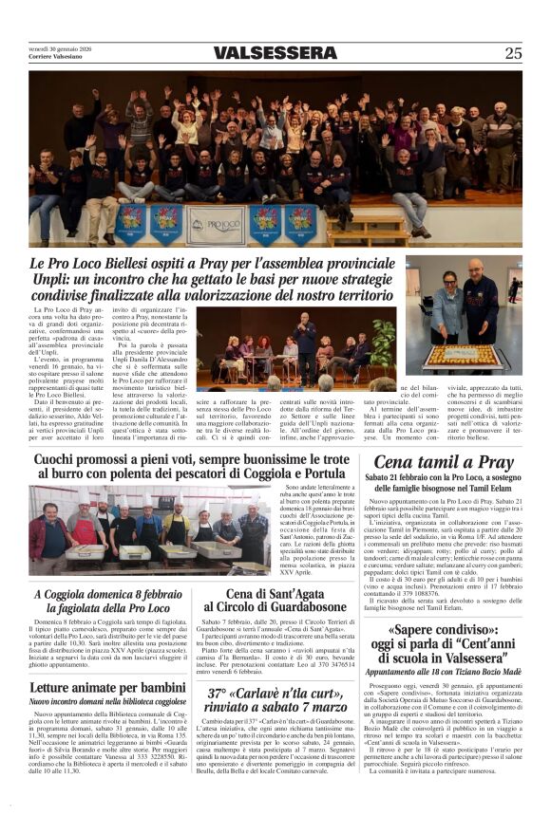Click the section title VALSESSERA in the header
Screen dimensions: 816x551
pos(275,53)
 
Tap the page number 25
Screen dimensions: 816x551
pos(513,53)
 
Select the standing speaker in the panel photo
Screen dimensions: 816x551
pos(306,331)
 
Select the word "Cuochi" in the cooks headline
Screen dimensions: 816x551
pos(62,460)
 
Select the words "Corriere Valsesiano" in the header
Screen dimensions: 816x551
pos(53,57)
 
